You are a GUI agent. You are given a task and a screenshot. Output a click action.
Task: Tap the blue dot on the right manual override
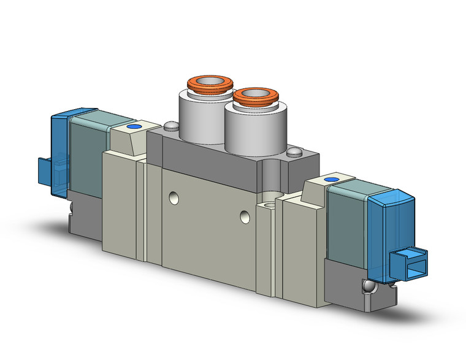[330, 180]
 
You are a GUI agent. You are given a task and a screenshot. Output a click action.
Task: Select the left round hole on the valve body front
[175, 197]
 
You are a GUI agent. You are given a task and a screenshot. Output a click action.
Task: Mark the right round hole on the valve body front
[246, 216]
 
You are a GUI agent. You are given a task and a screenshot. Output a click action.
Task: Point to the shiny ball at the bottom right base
[367, 287]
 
